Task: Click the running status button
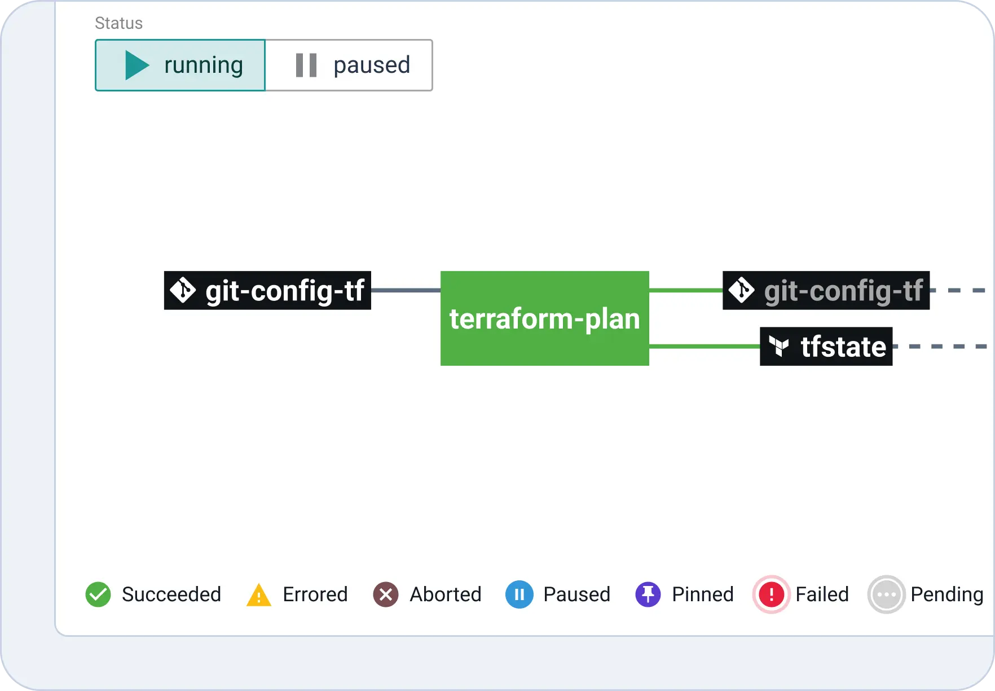click(180, 65)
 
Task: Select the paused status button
click(349, 65)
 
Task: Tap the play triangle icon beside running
click(137, 65)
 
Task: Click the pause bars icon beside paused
click(306, 65)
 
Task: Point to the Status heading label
click(118, 23)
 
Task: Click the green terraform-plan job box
click(545, 318)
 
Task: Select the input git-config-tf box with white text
click(267, 290)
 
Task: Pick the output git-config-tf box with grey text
click(826, 290)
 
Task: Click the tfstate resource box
click(826, 346)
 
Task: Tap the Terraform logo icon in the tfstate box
click(779, 346)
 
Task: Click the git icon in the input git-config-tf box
click(183, 290)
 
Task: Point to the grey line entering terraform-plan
click(406, 290)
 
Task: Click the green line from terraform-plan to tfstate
click(705, 346)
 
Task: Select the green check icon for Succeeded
click(98, 594)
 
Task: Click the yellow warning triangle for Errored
click(259, 595)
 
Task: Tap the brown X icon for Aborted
click(386, 594)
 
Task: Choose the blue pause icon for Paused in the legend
click(519, 594)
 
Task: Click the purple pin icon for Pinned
click(648, 594)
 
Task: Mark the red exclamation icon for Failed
click(771, 594)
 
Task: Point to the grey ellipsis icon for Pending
click(886, 594)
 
